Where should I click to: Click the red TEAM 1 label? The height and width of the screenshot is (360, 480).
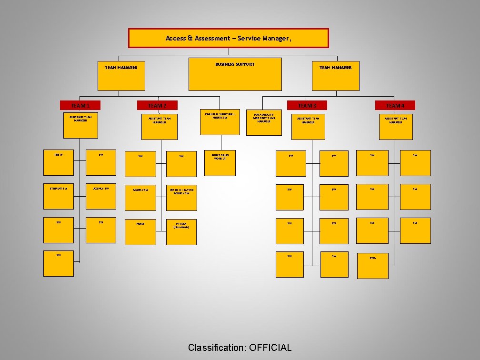click(x=80, y=105)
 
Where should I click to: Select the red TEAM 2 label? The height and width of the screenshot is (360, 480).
click(x=157, y=105)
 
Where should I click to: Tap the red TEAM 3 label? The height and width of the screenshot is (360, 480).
click(x=307, y=105)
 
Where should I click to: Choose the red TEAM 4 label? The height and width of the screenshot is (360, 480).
click(x=395, y=105)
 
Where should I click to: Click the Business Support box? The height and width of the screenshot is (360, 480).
click(x=235, y=74)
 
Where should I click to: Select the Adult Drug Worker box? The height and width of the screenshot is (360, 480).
click(x=220, y=163)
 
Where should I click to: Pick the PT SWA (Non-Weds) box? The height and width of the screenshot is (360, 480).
click(x=181, y=231)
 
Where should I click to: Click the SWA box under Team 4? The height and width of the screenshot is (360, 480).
click(x=373, y=265)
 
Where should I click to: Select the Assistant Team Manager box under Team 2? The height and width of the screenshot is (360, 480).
click(x=160, y=127)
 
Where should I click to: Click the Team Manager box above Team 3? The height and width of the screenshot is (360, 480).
click(x=335, y=76)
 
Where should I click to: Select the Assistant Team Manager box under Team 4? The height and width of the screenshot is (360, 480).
click(x=396, y=127)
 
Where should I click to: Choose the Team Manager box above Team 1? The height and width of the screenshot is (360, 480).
click(x=121, y=76)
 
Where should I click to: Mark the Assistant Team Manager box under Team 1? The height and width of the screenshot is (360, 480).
click(x=80, y=125)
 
